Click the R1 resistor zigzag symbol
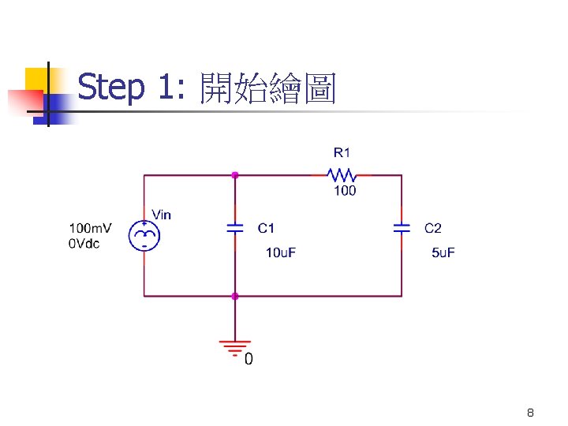coord(342,175)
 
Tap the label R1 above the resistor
coord(342,151)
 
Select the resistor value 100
coord(345,191)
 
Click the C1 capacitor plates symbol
coord(235,228)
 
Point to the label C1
coord(267,228)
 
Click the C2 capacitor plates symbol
coord(402,228)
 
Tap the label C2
coord(433,228)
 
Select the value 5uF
coord(443,252)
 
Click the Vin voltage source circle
coord(144,234)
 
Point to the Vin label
coord(161,214)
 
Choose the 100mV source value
coord(91,228)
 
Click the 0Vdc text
coord(84,244)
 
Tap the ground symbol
coord(235,347)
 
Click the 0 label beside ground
coord(248,361)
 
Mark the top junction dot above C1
coord(235,175)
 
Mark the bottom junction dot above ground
coord(235,296)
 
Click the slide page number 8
coord(530,413)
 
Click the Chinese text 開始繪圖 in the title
coord(268,88)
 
